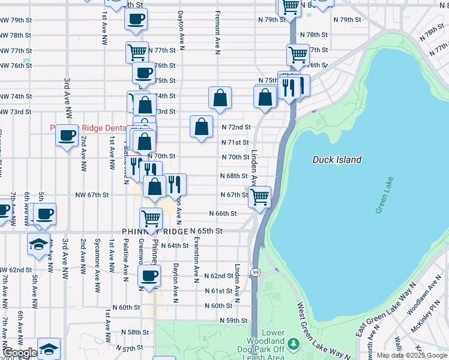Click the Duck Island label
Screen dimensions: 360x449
pyautogui.click(x=337, y=160)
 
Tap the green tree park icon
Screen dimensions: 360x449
pyautogui.click(x=294, y=344)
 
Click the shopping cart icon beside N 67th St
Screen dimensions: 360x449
pyautogui.click(x=259, y=196)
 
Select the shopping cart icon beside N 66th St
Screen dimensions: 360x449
pyautogui.click(x=151, y=218)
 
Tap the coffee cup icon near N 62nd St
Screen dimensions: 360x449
pyautogui.click(x=149, y=276)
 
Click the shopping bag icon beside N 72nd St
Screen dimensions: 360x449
pyautogui.click(x=202, y=127)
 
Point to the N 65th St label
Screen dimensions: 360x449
pyautogui.click(x=206, y=231)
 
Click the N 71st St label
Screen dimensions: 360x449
pyautogui.click(x=235, y=142)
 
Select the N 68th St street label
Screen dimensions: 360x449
pyautogui.click(x=234, y=176)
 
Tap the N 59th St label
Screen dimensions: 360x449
pyautogui.click(x=234, y=321)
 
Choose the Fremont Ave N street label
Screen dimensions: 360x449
pyautogui.click(x=218, y=30)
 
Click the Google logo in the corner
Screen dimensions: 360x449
pyautogui.click(x=20, y=353)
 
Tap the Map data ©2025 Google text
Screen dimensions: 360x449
pyautogui.click(x=412, y=355)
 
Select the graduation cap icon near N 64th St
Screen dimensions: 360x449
pyautogui.click(x=38, y=244)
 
